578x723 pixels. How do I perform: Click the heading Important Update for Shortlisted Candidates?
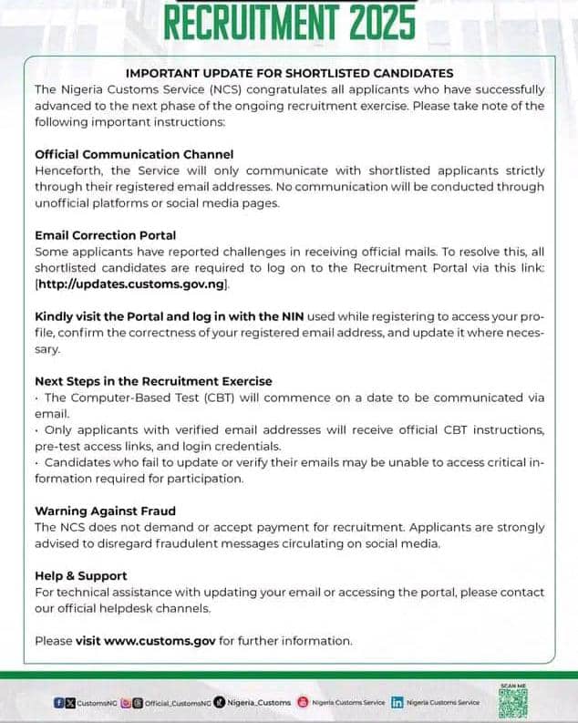click(x=289, y=73)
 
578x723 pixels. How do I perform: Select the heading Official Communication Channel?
click(x=134, y=154)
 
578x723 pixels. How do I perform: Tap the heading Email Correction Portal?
click(x=105, y=235)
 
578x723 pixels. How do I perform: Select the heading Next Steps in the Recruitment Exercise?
click(x=153, y=380)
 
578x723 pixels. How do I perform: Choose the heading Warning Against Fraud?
click(x=105, y=511)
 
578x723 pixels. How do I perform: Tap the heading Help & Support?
click(x=80, y=575)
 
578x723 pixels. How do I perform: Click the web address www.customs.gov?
click(x=161, y=640)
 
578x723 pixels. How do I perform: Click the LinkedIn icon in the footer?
click(x=397, y=702)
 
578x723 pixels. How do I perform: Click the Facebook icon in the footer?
click(x=58, y=702)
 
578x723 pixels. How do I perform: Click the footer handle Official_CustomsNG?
click(x=179, y=703)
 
